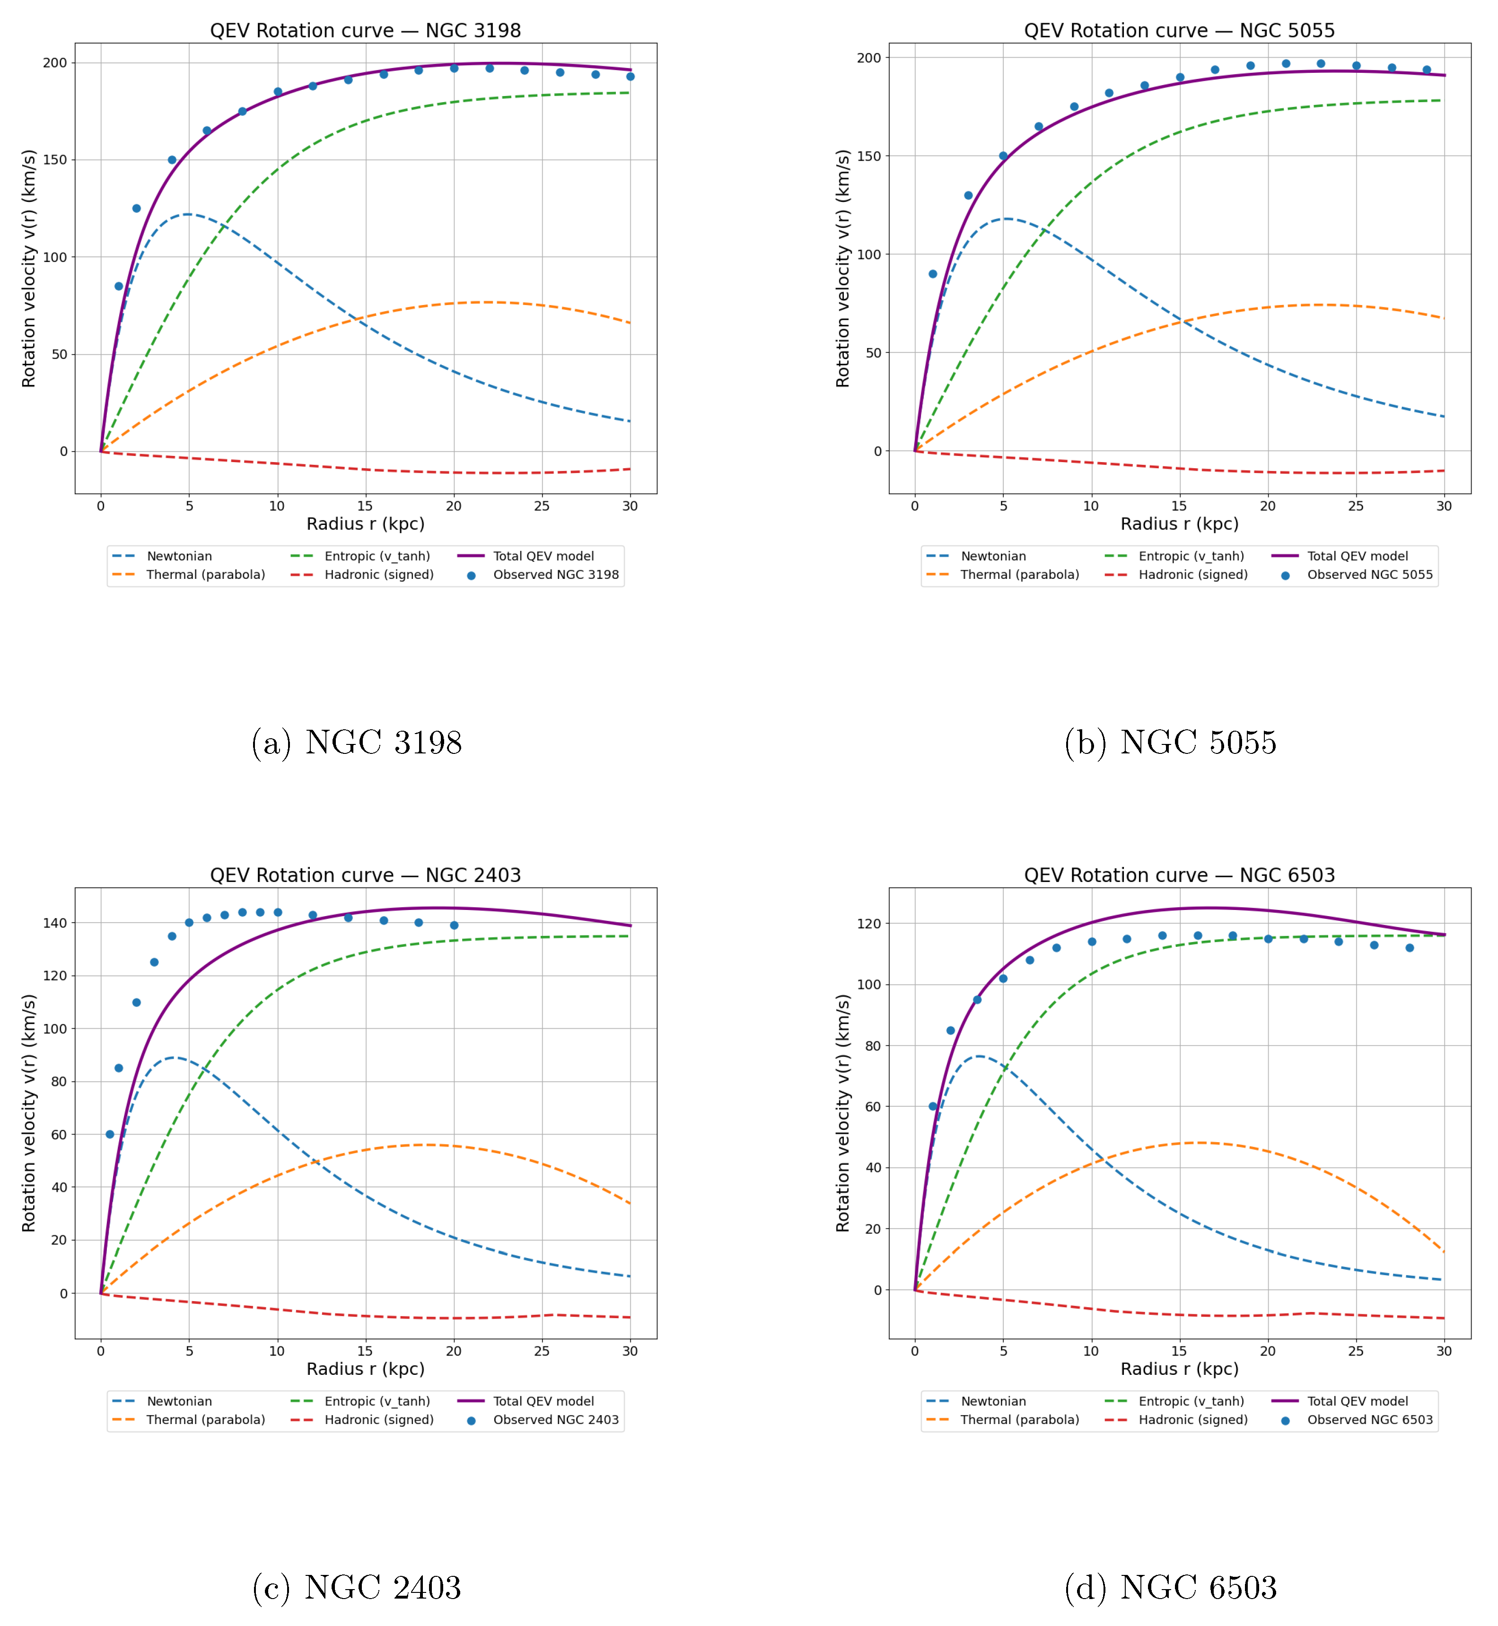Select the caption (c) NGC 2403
(357, 1587)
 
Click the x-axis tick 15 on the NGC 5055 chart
(1179, 506)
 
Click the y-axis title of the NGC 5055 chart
(843, 268)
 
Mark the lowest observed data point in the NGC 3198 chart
(118, 286)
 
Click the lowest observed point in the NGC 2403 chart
(109, 1134)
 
